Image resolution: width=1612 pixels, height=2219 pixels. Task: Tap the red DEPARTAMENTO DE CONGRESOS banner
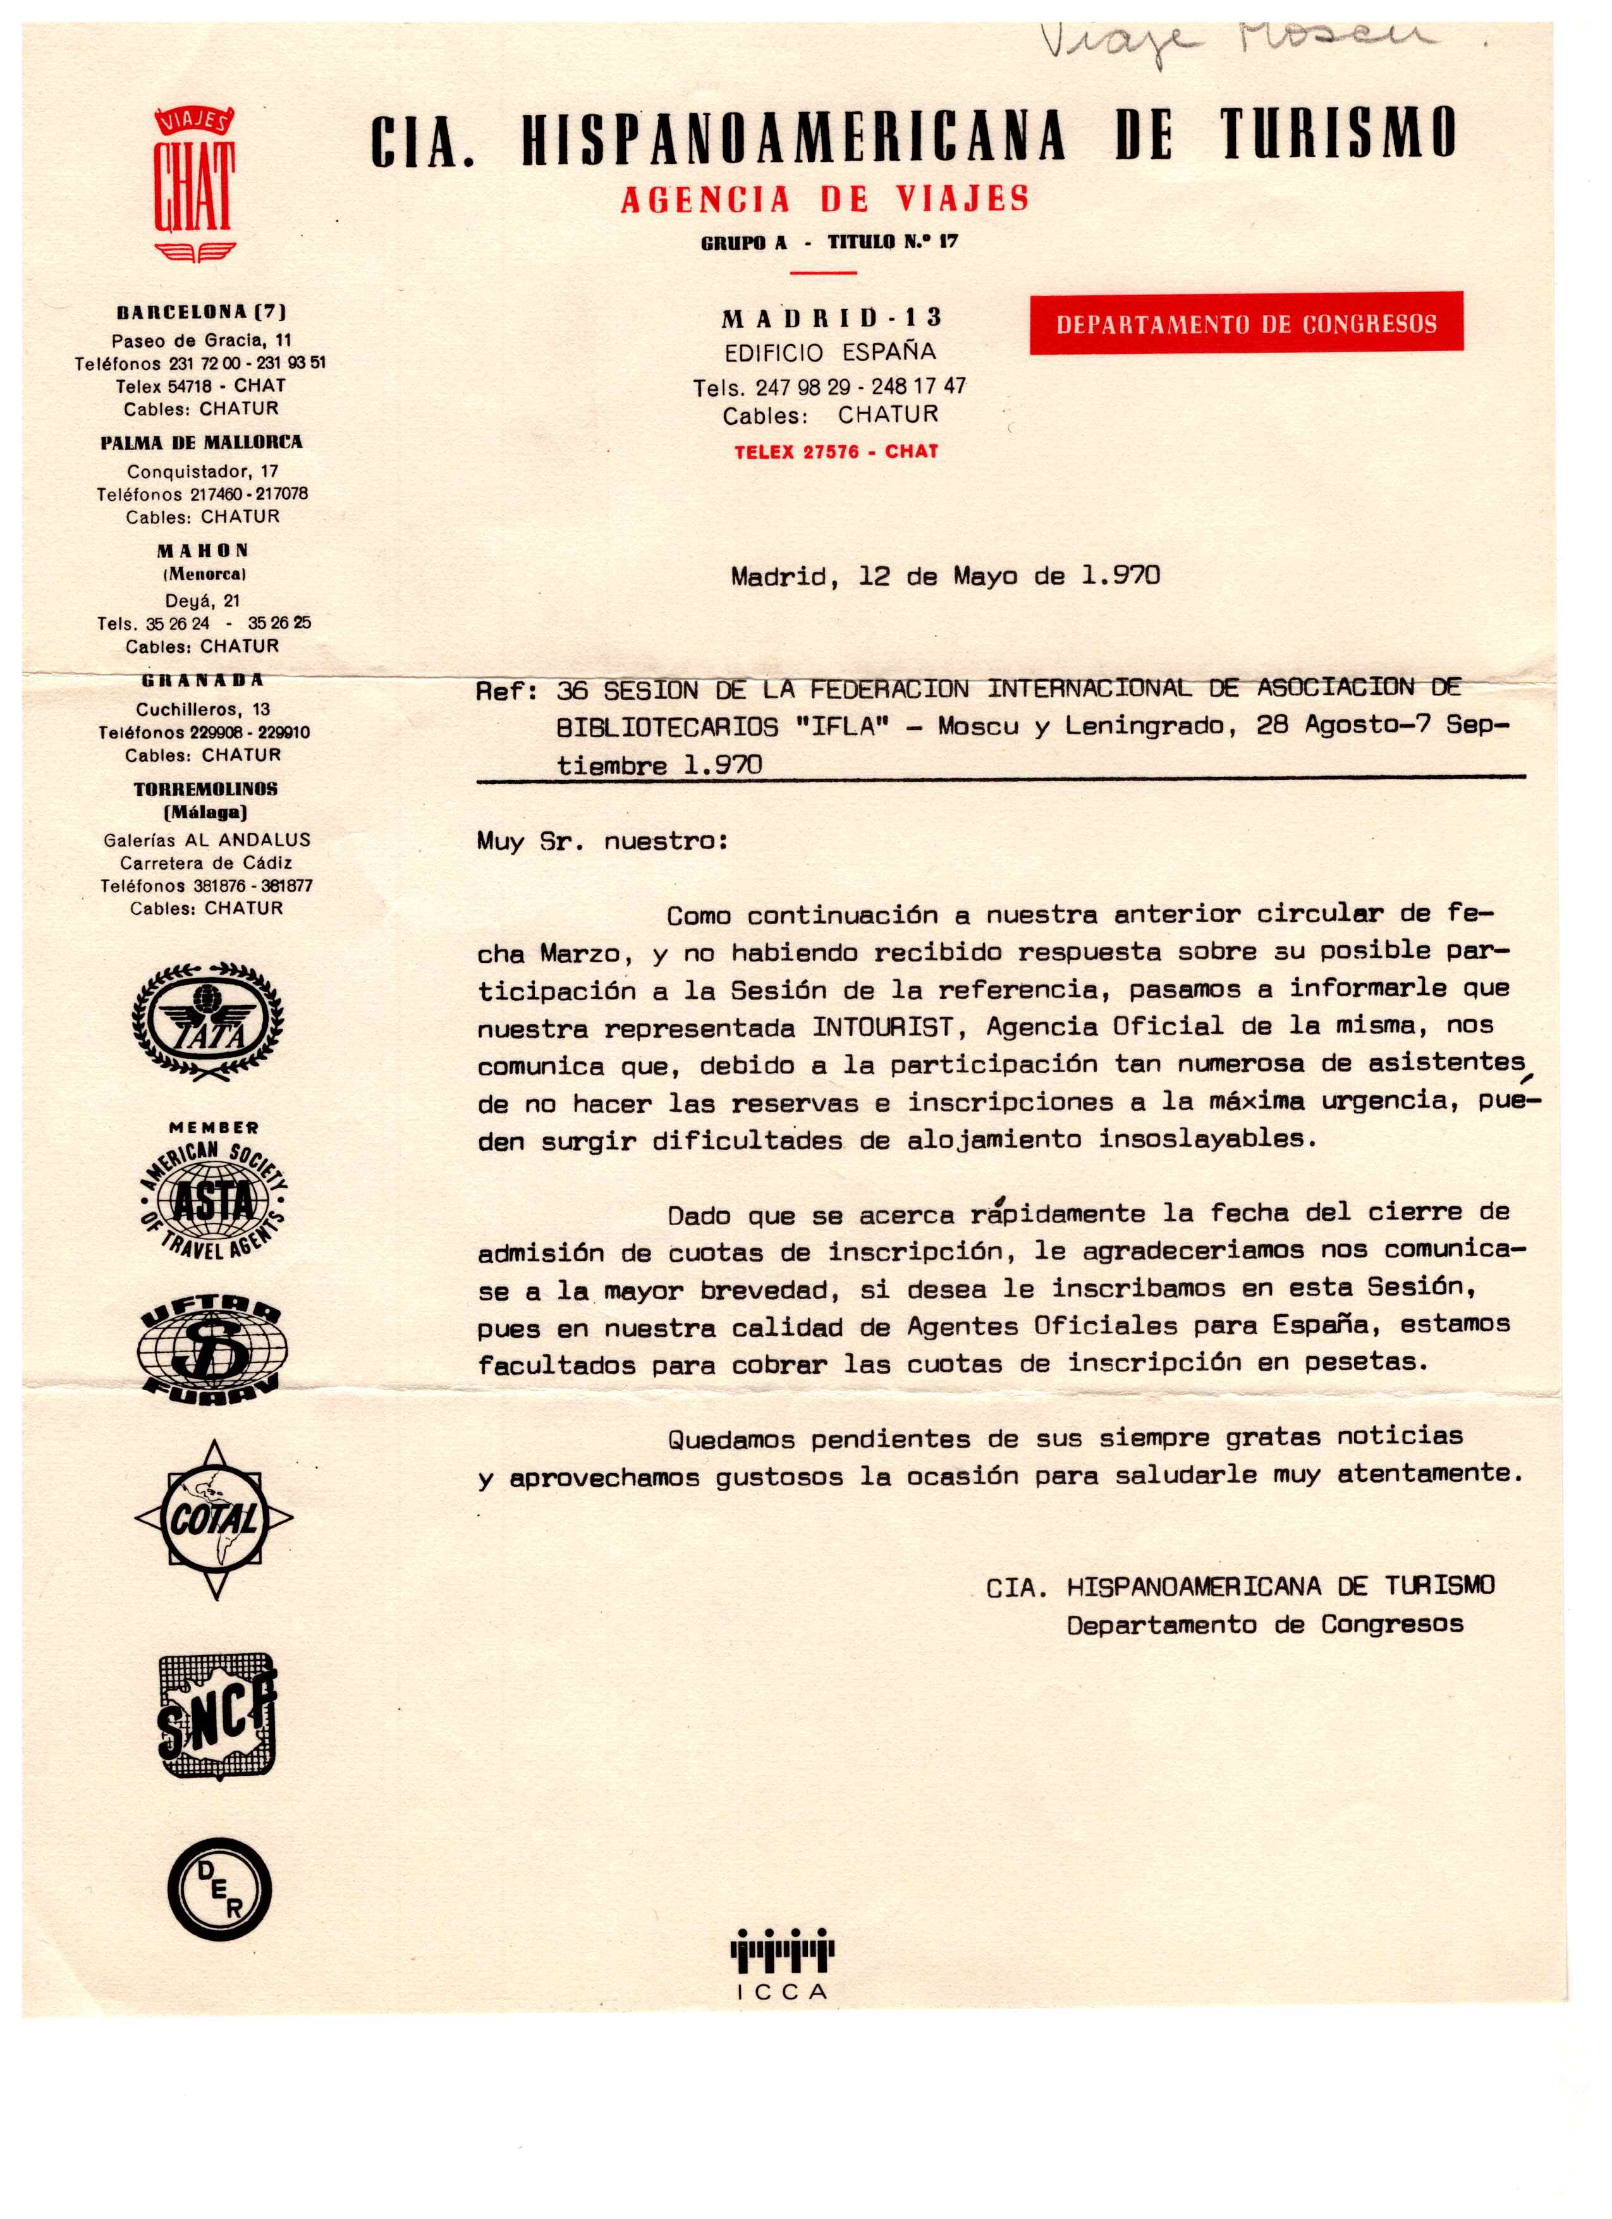pyautogui.click(x=1245, y=323)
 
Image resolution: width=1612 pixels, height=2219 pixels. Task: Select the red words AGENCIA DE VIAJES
pyautogui.click(x=824, y=200)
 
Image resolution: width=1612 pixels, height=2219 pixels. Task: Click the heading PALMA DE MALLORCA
pyautogui.click(x=202, y=443)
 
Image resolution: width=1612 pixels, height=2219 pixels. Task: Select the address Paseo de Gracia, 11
pyautogui.click(x=202, y=341)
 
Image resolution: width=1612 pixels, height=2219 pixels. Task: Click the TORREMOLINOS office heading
pyautogui.click(x=205, y=788)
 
